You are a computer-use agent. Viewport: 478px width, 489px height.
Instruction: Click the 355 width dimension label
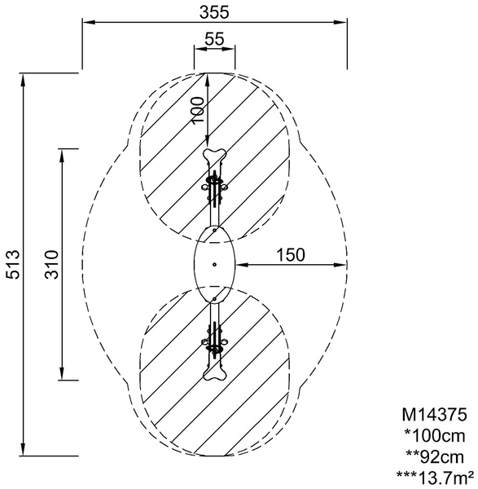[x=214, y=12]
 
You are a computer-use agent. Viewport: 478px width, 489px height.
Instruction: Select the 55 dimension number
[x=214, y=39]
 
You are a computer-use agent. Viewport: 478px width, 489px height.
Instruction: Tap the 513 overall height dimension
[x=13, y=264]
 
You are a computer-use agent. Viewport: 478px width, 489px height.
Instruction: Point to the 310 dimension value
[x=52, y=264]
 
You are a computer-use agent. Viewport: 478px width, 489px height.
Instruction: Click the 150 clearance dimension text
[x=291, y=255]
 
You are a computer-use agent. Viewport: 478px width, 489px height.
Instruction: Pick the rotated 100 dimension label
[x=198, y=111]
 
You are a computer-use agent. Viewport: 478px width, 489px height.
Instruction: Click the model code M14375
[x=434, y=415]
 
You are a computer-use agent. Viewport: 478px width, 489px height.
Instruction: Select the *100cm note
[x=435, y=435]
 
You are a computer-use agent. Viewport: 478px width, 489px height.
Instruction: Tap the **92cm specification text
[x=435, y=457]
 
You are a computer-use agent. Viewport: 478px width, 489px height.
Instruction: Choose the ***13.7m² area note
[x=436, y=477]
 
